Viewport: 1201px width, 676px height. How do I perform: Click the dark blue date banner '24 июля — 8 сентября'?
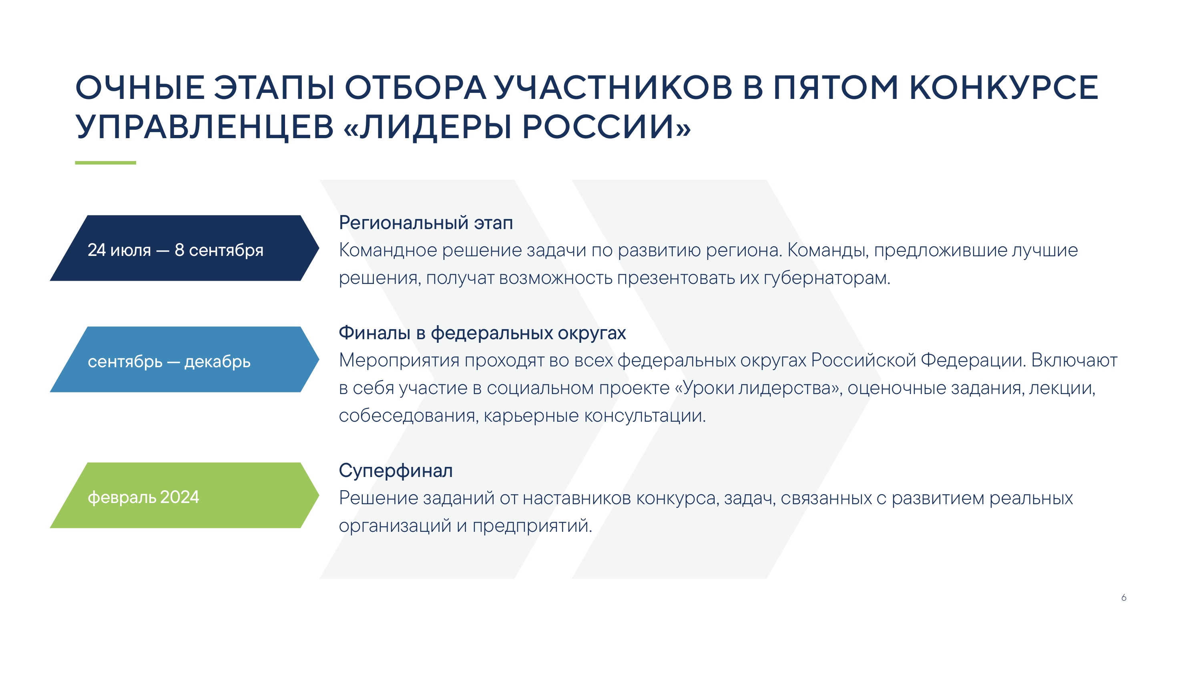[x=185, y=248]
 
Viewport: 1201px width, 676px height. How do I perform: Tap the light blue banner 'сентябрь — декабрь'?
[x=185, y=359]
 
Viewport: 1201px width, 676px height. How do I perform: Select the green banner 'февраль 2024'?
[x=185, y=495]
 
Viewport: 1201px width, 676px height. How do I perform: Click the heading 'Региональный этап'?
[x=426, y=223]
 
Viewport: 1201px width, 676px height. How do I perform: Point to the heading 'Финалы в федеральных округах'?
[x=482, y=334]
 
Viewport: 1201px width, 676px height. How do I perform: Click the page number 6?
[x=1124, y=598]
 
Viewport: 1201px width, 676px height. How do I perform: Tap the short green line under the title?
[x=105, y=163]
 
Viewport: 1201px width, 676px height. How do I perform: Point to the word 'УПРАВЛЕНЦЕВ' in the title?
[x=205, y=127]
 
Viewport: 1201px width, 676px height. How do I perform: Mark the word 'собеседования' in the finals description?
[x=409, y=416]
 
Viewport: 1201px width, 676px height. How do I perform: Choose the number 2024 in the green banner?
[x=179, y=497]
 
